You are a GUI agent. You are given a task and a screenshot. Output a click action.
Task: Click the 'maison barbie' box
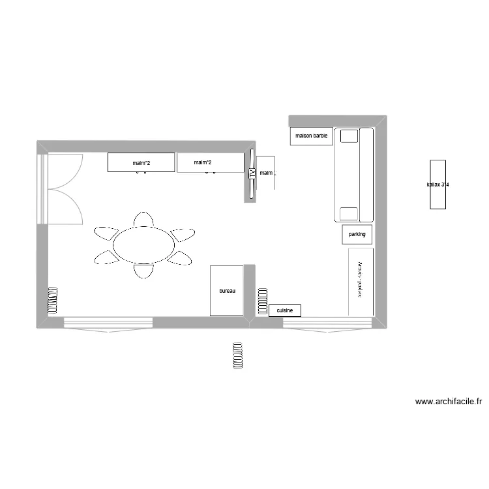point(312,136)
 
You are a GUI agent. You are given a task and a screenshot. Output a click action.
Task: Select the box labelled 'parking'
point(357,234)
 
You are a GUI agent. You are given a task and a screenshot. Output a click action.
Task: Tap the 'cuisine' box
point(284,311)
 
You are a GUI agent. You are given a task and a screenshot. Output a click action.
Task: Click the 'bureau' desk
point(227,291)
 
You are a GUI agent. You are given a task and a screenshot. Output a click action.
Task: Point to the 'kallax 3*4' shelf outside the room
point(438,185)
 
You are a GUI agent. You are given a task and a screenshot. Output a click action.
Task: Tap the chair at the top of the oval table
point(143,219)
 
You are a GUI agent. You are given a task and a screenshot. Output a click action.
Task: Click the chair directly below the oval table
point(144,269)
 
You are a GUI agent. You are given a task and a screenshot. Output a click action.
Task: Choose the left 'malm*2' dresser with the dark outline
point(141,162)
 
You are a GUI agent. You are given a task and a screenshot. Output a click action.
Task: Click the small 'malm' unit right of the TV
point(266,173)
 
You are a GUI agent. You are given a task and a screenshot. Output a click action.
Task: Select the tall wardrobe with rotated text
point(361,282)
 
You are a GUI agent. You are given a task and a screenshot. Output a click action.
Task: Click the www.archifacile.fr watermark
point(449,402)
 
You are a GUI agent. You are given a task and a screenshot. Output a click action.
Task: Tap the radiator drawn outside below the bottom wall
point(238,355)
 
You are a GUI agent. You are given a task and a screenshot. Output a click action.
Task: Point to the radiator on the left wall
point(53,301)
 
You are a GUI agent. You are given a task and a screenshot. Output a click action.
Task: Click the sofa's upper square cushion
point(349,136)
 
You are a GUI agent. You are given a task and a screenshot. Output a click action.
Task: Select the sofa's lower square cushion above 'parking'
point(349,213)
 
